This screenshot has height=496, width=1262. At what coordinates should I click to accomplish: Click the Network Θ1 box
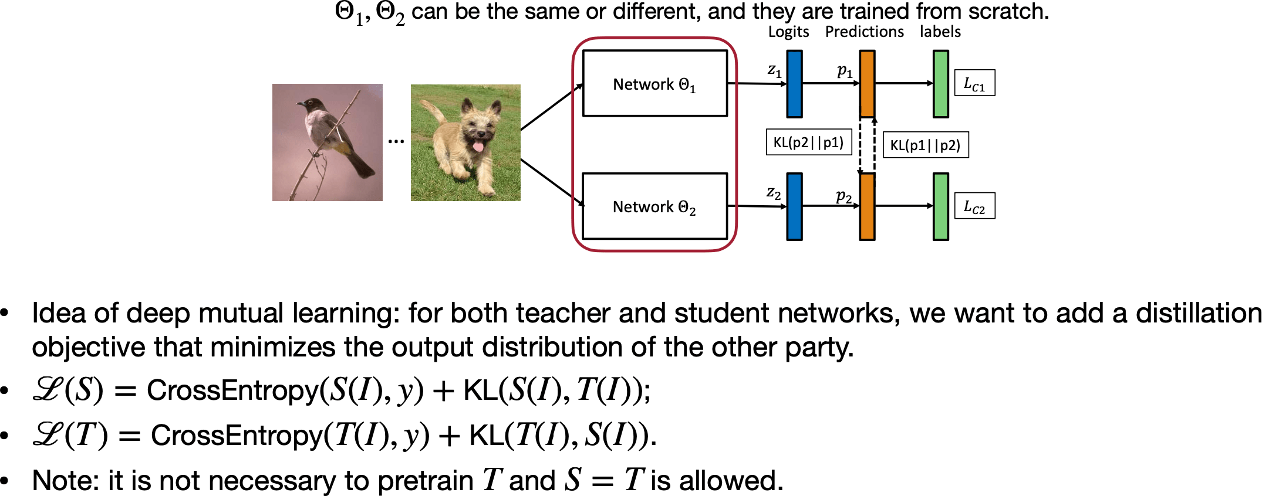654,83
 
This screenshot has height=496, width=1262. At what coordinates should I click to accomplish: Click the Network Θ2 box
654,206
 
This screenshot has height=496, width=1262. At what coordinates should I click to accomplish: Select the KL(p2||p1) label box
808,142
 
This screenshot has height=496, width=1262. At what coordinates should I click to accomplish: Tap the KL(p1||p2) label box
925,145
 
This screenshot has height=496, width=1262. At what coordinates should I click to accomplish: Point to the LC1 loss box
974,83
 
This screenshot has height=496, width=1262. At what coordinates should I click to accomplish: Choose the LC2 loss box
974,206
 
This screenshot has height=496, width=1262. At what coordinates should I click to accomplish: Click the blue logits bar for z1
794,84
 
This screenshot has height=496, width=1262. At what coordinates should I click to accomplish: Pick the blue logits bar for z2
794,206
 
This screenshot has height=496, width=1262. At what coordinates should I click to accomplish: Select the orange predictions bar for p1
867,84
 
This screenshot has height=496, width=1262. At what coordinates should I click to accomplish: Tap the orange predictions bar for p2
867,206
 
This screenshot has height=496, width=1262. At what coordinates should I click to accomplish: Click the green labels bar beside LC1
940,84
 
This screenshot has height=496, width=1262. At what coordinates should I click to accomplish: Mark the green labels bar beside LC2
940,206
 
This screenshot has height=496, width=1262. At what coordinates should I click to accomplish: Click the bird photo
327,142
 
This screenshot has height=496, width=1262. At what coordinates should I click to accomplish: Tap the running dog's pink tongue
478,145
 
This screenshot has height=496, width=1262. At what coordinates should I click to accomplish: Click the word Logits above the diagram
788,32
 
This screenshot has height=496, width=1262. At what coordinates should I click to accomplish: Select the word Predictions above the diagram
864,32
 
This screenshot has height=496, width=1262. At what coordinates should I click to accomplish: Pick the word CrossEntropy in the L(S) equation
232,390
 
